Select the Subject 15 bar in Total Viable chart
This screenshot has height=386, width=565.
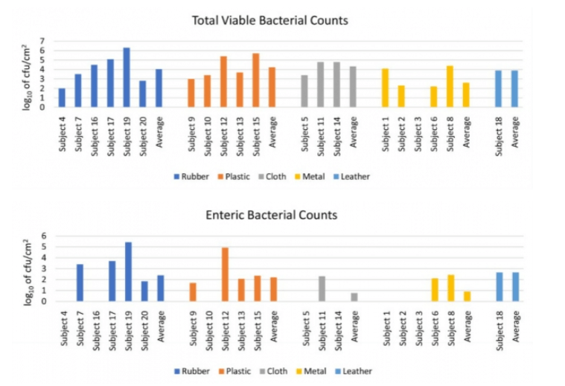pos(255,80)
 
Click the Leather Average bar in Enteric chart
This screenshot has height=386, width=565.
pos(516,287)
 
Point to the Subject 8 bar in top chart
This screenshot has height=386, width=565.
pos(450,87)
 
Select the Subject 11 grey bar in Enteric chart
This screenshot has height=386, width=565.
pos(321,289)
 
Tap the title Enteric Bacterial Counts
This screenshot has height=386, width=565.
pos(272,215)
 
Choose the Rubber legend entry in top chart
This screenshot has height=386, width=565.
pos(191,176)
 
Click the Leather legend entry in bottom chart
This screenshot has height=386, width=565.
pos(354,370)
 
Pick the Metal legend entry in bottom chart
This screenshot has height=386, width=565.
pos(313,370)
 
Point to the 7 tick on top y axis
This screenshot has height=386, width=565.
pos(42,41)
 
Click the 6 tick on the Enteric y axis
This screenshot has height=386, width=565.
pos(44,236)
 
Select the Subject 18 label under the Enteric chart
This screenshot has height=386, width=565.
pos(499,328)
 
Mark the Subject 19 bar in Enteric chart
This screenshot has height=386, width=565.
pos(128,271)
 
